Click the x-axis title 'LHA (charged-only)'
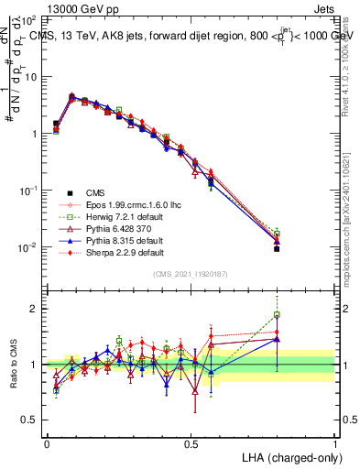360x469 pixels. click(x=288, y=456)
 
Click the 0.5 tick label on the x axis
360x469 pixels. click(x=191, y=443)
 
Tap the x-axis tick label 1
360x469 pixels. click(x=334, y=443)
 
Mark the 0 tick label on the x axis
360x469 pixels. click(x=47, y=443)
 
